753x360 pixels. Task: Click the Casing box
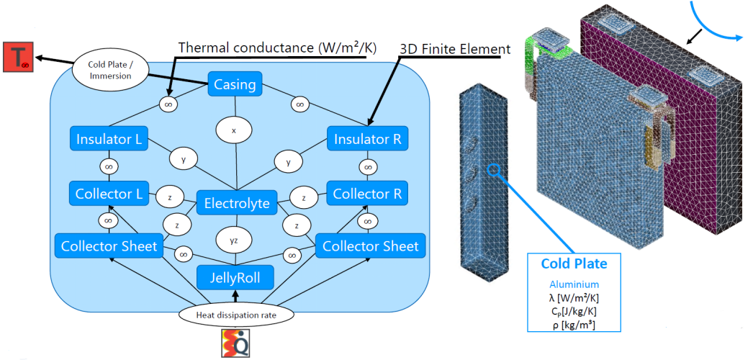tap(235, 85)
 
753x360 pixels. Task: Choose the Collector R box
tap(367, 193)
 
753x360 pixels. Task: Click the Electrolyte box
tap(237, 203)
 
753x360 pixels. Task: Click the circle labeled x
tap(233, 132)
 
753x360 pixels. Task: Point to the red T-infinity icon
tap(17, 58)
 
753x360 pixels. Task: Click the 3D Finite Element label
tap(455, 49)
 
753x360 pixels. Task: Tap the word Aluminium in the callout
tap(574, 284)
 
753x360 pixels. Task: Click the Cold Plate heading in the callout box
tap(574, 264)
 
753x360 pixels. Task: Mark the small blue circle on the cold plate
tap(493, 171)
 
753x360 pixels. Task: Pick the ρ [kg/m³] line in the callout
tap(574, 325)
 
